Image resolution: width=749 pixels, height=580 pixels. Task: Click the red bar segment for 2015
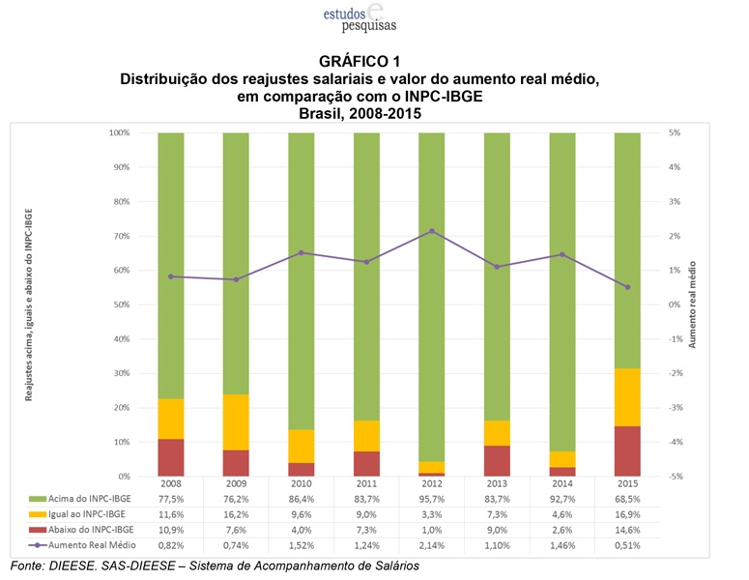[x=627, y=451]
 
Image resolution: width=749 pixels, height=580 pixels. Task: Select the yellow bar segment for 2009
[x=236, y=421]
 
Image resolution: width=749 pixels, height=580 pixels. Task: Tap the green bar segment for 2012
[x=431, y=290]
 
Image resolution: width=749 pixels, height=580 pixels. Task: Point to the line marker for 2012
[x=431, y=231]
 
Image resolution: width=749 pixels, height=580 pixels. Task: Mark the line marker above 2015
[x=627, y=287]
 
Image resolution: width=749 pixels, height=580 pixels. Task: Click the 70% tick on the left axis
[x=120, y=236]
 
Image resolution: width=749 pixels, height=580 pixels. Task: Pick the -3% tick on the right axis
[x=675, y=408]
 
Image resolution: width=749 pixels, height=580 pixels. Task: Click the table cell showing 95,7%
[x=431, y=498]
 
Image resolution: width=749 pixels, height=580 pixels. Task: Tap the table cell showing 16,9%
[x=627, y=514]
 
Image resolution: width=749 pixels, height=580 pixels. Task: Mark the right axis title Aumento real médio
[x=692, y=304]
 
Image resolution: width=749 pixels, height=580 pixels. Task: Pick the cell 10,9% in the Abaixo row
[x=171, y=531]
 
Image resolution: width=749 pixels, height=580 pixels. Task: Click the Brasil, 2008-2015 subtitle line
[x=359, y=113]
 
